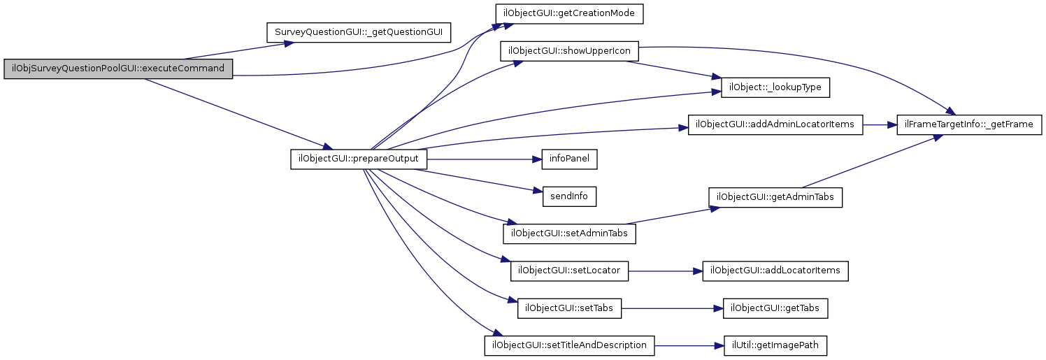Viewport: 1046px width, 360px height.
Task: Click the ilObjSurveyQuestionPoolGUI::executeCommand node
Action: [117, 69]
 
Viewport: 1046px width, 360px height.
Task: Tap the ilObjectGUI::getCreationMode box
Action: [569, 13]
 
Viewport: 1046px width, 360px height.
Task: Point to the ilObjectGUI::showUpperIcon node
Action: [570, 51]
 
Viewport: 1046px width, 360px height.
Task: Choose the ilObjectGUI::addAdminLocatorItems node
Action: [775, 124]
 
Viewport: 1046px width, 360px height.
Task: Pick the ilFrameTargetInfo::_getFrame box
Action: [969, 124]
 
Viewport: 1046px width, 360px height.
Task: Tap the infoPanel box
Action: [569, 159]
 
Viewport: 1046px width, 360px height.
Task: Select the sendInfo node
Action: [569, 196]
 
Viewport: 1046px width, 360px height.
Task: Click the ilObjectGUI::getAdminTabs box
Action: [775, 197]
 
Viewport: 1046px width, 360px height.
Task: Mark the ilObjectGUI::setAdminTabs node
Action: [570, 233]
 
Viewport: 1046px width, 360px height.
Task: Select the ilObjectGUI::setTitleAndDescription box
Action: [570, 345]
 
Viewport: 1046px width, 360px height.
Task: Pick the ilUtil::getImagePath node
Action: [775, 345]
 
